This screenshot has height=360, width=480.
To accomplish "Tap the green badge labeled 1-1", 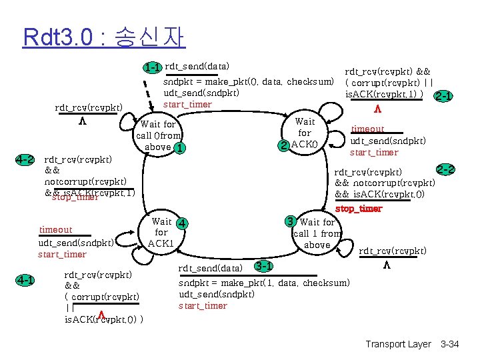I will coord(153,67).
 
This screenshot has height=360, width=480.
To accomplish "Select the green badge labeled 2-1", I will coord(443,96).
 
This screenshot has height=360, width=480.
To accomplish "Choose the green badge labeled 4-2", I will coord(25,160).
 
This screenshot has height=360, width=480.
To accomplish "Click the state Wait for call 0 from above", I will coord(159,135).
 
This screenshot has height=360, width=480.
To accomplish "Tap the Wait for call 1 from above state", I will coord(317,233).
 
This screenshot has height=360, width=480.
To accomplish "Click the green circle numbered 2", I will coord(284,145).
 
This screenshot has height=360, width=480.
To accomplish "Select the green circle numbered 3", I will coord(290,221).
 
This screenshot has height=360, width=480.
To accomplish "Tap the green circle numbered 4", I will coord(181,222).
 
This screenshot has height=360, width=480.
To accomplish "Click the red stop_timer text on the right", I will coord(359,209).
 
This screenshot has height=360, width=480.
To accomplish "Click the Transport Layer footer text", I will coord(398,344).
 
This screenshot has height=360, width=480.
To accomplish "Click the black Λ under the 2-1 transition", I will coord(377,109).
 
